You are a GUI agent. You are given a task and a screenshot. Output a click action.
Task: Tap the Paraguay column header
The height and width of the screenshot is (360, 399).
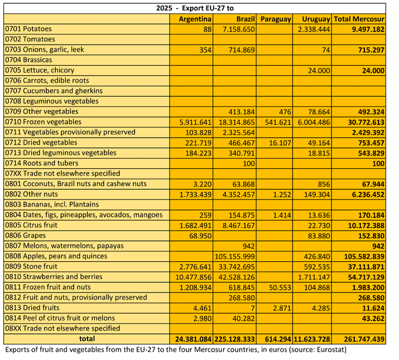[x=275, y=19]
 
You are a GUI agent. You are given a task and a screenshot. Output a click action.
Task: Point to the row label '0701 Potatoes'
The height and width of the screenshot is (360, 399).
[x=29, y=29]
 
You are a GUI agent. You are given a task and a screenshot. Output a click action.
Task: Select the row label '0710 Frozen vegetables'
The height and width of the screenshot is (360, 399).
[x=43, y=122]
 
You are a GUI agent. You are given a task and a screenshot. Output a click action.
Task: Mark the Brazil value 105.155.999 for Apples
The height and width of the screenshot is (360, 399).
[x=231, y=256]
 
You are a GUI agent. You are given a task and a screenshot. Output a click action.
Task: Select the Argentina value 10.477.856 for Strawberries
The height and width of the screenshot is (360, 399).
[x=191, y=277]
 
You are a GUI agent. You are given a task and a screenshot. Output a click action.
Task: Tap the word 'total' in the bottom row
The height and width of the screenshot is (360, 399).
[x=87, y=339]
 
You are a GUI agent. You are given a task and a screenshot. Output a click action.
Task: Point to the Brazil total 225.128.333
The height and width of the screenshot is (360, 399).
[x=231, y=339]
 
